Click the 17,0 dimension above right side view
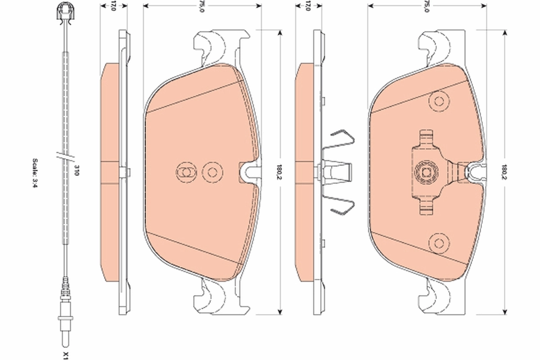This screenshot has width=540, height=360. click(308, 6)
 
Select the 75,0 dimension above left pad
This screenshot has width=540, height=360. click(202, 6)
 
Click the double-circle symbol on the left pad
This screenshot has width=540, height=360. click(185, 172)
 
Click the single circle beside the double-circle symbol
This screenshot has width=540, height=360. click(211, 172)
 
